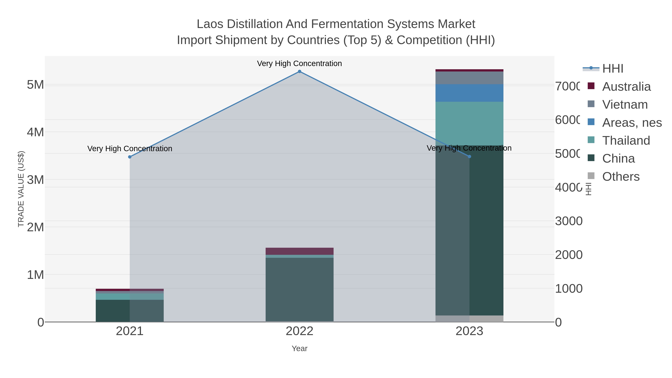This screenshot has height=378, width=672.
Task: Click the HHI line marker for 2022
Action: (299, 71)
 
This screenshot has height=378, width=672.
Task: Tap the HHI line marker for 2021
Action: (130, 157)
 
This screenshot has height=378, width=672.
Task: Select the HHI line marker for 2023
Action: (470, 157)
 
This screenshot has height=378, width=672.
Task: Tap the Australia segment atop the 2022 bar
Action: (299, 251)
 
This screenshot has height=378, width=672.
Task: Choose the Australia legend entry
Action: (626, 87)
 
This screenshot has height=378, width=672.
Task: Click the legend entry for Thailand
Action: (626, 141)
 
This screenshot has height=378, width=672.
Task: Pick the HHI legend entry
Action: (612, 69)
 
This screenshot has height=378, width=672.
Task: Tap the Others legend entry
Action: (621, 177)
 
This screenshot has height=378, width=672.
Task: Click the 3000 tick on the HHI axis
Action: (569, 221)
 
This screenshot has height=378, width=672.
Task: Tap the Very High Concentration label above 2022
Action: (299, 63)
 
